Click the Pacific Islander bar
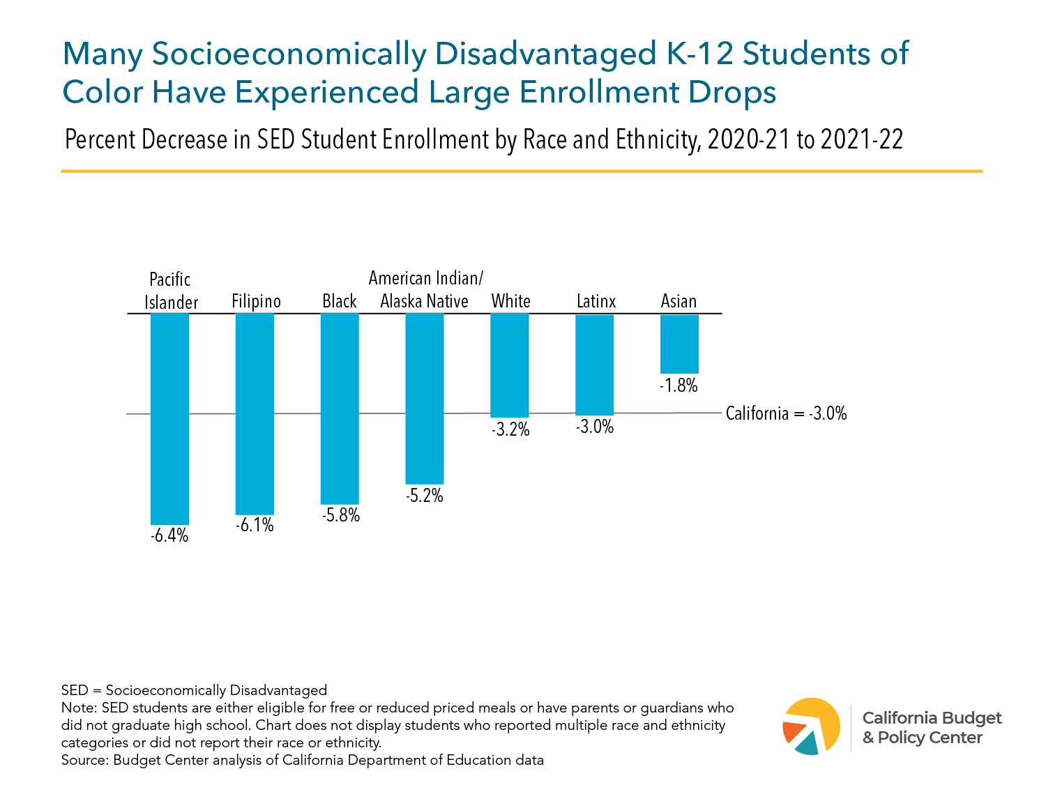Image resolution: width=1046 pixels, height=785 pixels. (169, 418)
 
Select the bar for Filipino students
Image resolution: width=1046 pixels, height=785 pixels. (255, 413)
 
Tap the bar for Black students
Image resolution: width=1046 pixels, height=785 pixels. (340, 409)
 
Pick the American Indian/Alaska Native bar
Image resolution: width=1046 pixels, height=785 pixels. (425, 398)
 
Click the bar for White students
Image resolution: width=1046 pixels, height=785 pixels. (510, 365)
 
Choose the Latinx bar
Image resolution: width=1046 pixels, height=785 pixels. (594, 365)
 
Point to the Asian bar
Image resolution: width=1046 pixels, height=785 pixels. (679, 344)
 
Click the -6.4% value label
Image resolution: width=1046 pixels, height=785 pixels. (169, 536)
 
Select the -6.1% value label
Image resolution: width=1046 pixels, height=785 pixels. (255, 526)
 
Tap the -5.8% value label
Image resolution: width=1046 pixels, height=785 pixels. (340, 516)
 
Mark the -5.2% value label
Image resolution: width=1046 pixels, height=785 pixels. (425, 496)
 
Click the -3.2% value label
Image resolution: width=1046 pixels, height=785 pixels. (510, 429)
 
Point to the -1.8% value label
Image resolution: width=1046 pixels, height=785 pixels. (679, 386)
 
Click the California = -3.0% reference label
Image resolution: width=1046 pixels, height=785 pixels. (786, 413)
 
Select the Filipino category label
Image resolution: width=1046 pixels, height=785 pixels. (256, 301)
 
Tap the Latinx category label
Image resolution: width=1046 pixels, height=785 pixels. (596, 301)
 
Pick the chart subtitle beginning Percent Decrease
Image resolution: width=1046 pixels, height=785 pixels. (483, 140)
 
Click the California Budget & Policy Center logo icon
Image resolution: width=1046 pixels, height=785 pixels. (812, 726)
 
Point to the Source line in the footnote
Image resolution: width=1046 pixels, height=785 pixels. (302, 760)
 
